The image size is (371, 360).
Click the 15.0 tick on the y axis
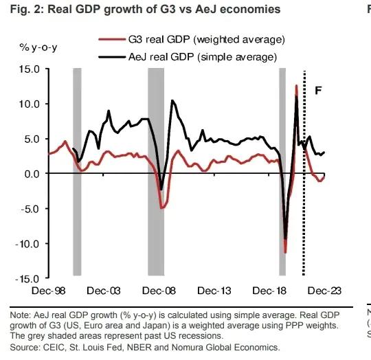tap(30, 69)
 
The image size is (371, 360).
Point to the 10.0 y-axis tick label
tap(30, 104)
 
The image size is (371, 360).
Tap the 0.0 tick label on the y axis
tap(32, 174)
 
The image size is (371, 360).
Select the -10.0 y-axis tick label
tap(28, 244)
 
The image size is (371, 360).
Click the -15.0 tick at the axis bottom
tap(28, 279)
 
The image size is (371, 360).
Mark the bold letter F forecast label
tap(317, 90)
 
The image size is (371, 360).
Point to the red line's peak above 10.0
tap(296, 86)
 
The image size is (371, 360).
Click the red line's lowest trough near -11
tap(285, 252)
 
